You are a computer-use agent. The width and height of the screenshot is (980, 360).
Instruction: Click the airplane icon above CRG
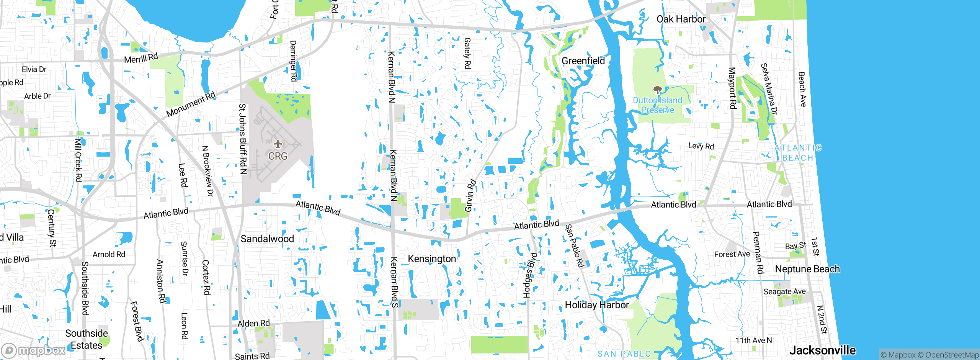[x=278, y=144]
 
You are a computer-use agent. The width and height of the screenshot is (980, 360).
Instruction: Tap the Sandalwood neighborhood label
[x=267, y=239]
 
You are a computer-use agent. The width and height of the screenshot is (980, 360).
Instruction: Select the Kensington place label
[x=432, y=259]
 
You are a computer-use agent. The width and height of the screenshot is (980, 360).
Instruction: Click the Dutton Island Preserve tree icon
[x=657, y=90]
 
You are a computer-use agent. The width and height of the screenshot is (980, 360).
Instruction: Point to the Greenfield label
[x=583, y=61]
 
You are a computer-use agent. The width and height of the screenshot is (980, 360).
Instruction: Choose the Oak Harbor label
[x=681, y=19]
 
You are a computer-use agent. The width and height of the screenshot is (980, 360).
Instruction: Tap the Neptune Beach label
[x=807, y=269]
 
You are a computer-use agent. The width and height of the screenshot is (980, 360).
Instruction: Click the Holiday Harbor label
[x=597, y=305]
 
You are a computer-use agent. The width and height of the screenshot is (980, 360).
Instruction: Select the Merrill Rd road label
[x=141, y=59]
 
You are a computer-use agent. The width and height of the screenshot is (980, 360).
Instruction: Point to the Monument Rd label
[x=191, y=104]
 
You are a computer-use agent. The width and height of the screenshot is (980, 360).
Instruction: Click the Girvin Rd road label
[x=470, y=195]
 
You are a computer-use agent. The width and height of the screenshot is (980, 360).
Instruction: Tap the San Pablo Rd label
[x=574, y=246]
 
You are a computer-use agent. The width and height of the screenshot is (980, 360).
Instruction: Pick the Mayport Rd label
[x=732, y=88]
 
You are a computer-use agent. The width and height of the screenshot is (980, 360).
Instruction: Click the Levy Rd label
[x=701, y=146]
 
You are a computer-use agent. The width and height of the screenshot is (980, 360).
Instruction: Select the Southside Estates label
[x=87, y=339]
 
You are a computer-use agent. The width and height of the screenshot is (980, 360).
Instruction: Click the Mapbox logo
[x=34, y=350]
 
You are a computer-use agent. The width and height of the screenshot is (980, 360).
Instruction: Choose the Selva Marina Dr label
[x=769, y=89]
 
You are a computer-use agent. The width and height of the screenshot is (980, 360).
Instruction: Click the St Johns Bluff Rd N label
[x=243, y=139]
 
